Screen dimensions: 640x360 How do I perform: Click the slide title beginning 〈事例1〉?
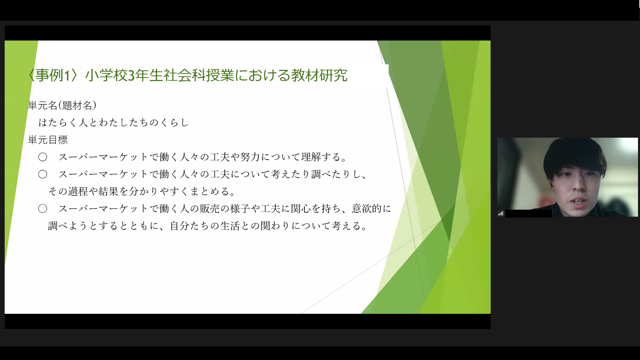(187, 75)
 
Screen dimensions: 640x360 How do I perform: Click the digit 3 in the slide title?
(131, 76)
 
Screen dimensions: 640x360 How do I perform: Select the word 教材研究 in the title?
(319, 75)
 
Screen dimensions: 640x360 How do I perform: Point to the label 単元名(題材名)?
(62, 105)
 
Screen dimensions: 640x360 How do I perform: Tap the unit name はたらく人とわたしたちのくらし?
(114, 123)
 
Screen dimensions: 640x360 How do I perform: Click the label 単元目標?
(48, 140)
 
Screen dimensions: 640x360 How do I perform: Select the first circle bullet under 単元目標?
(43, 157)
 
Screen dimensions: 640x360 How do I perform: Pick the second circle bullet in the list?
(43, 174)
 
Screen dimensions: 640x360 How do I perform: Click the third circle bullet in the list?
(43, 209)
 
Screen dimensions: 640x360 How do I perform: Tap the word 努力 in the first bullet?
(250, 157)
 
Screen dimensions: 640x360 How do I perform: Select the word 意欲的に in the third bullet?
(371, 209)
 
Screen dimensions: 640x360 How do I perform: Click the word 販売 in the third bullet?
(210, 209)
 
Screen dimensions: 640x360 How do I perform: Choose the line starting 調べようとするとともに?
(208, 226)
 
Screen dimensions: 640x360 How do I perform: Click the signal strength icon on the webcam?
(501, 213)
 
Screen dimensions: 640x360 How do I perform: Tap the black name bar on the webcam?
(528, 213)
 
